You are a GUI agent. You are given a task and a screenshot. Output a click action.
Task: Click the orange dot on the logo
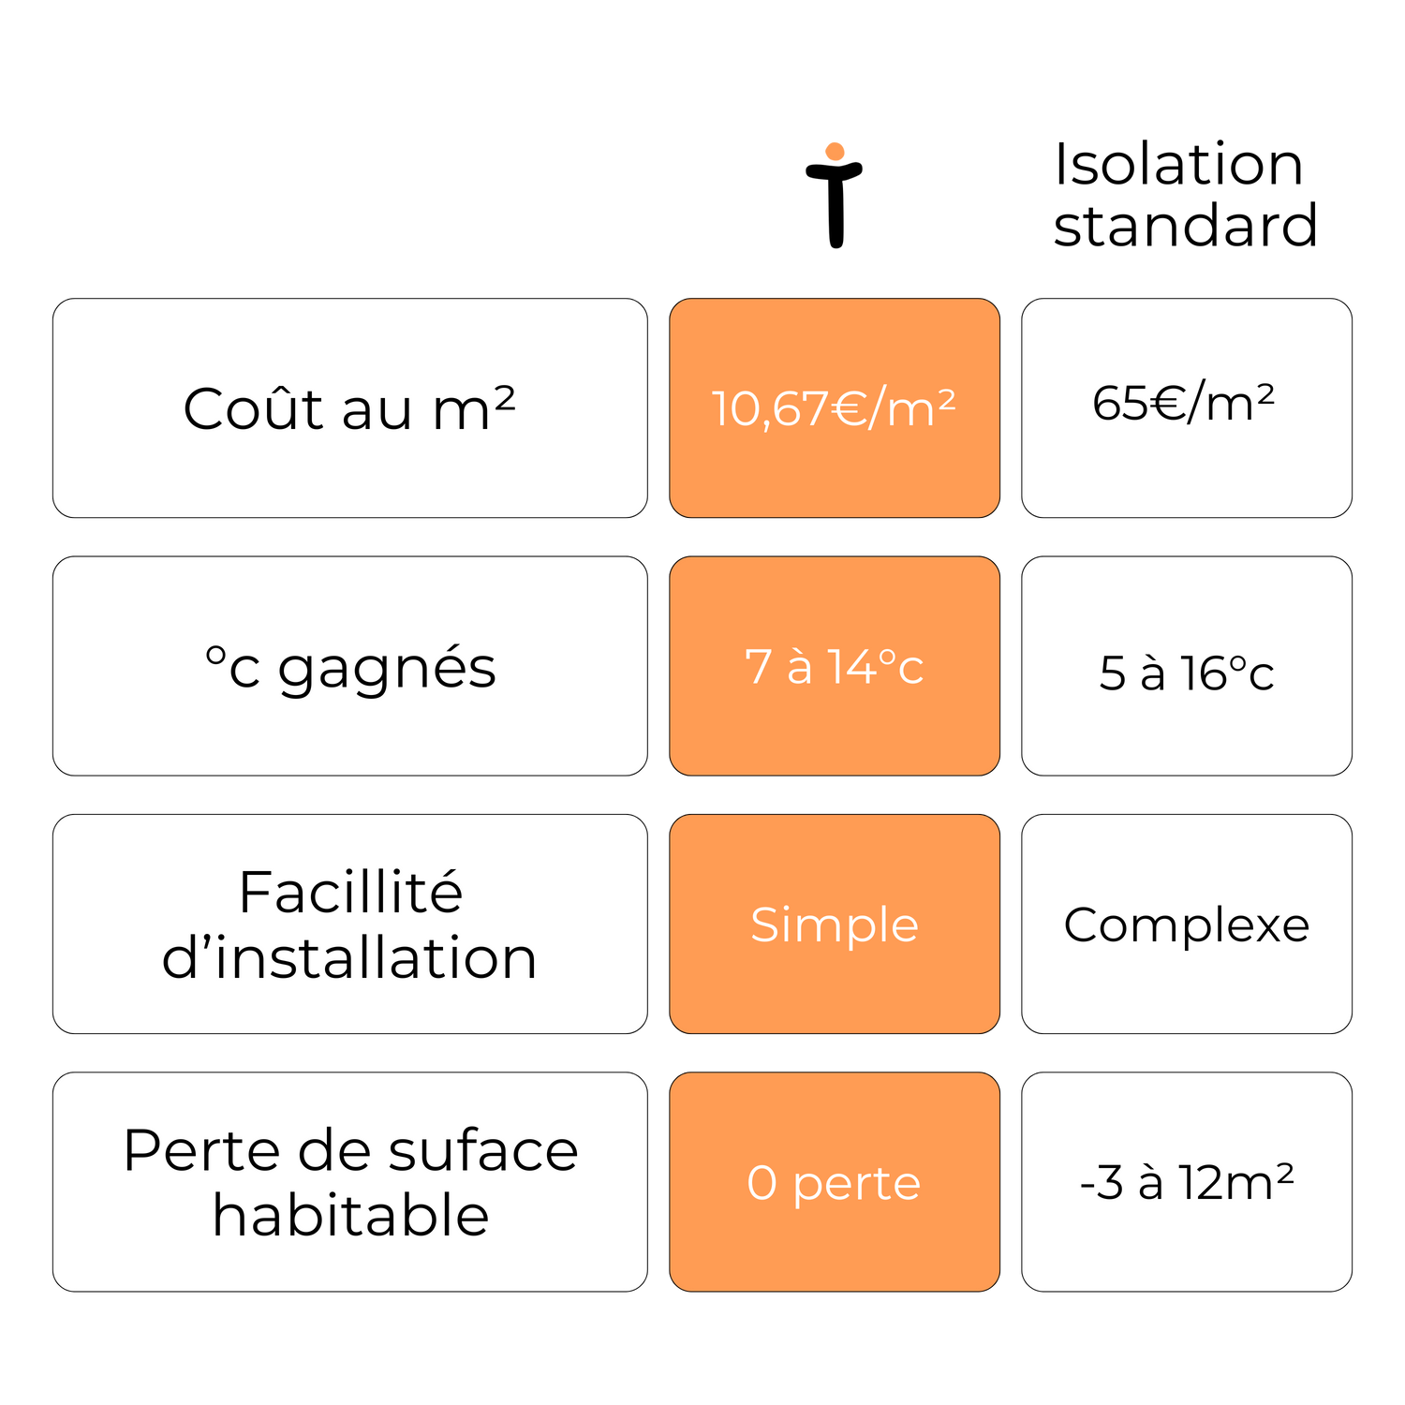[836, 152]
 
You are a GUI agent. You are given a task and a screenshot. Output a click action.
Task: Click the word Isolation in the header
[1178, 164]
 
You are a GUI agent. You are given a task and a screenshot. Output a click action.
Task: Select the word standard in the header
[1186, 226]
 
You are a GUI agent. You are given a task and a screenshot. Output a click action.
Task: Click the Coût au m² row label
[350, 408]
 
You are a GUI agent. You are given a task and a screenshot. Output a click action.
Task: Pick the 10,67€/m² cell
[835, 408]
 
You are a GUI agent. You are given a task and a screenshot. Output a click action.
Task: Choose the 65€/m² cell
[1187, 408]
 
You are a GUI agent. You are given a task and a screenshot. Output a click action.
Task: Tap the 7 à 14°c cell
[835, 666]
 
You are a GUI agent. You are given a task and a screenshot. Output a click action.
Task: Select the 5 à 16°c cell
[1187, 666]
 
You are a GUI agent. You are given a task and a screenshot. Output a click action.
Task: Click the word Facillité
[350, 892]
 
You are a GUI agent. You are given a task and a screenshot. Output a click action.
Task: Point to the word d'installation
[350, 957]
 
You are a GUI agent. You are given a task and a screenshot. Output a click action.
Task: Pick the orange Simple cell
[835, 924]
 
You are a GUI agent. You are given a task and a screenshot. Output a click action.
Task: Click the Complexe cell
[1187, 924]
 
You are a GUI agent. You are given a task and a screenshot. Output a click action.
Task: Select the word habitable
[351, 1215]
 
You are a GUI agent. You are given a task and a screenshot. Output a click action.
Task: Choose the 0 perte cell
[835, 1182]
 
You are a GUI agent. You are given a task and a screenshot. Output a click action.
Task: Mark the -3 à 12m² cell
[1187, 1182]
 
